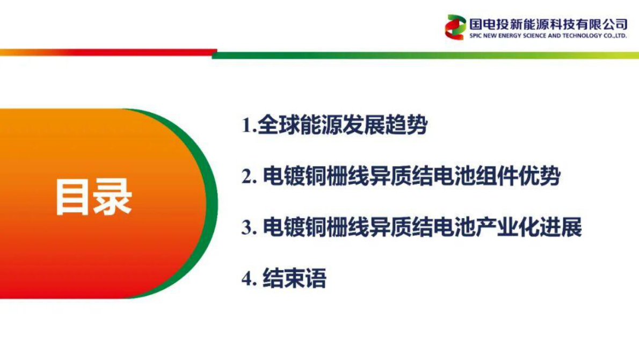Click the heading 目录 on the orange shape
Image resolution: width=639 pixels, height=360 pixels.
click(93, 198)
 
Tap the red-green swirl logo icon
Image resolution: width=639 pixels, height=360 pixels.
click(455, 27)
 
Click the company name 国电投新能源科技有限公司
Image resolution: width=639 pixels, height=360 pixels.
click(548, 24)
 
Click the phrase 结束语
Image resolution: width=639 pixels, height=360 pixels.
click(294, 279)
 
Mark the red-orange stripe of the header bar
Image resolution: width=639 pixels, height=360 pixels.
click(107, 53)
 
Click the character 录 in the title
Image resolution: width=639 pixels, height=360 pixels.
click(113, 198)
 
